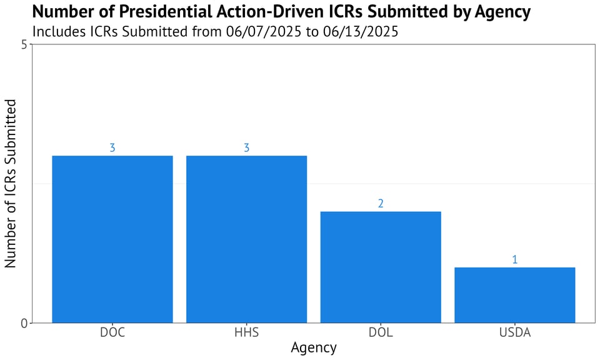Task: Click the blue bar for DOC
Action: (112, 239)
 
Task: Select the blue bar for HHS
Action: (246, 239)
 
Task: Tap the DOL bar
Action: (381, 267)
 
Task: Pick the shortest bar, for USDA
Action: (514, 295)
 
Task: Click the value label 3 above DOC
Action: (112, 148)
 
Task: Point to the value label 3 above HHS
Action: (246, 148)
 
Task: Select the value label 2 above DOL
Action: (381, 204)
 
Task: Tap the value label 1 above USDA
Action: (514, 259)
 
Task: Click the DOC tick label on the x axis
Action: (112, 332)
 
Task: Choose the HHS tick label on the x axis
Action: (246, 332)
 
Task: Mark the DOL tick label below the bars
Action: (381, 332)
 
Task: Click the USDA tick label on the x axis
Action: (514, 332)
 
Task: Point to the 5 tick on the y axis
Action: (24, 44)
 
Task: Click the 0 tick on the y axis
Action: (24, 323)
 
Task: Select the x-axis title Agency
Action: (313, 348)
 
